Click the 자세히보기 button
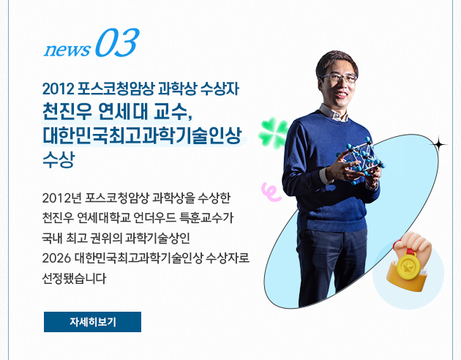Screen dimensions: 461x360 92,322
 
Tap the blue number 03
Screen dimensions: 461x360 117,43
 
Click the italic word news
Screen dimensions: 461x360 67,50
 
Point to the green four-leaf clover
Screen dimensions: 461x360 273,134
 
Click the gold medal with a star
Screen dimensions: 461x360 408,267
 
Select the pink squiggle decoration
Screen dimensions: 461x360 271,192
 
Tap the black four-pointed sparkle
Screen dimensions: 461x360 438,144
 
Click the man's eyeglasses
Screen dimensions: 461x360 339,78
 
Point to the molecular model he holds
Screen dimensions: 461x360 360,160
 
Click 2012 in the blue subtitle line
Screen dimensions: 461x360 59,89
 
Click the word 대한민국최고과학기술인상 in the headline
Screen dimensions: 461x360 142,135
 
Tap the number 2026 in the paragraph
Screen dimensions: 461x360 56,258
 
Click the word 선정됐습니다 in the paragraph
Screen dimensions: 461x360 74,278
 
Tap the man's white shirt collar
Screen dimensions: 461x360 334,113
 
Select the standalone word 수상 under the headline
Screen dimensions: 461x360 59,160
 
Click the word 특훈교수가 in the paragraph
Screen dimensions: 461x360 206,218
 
